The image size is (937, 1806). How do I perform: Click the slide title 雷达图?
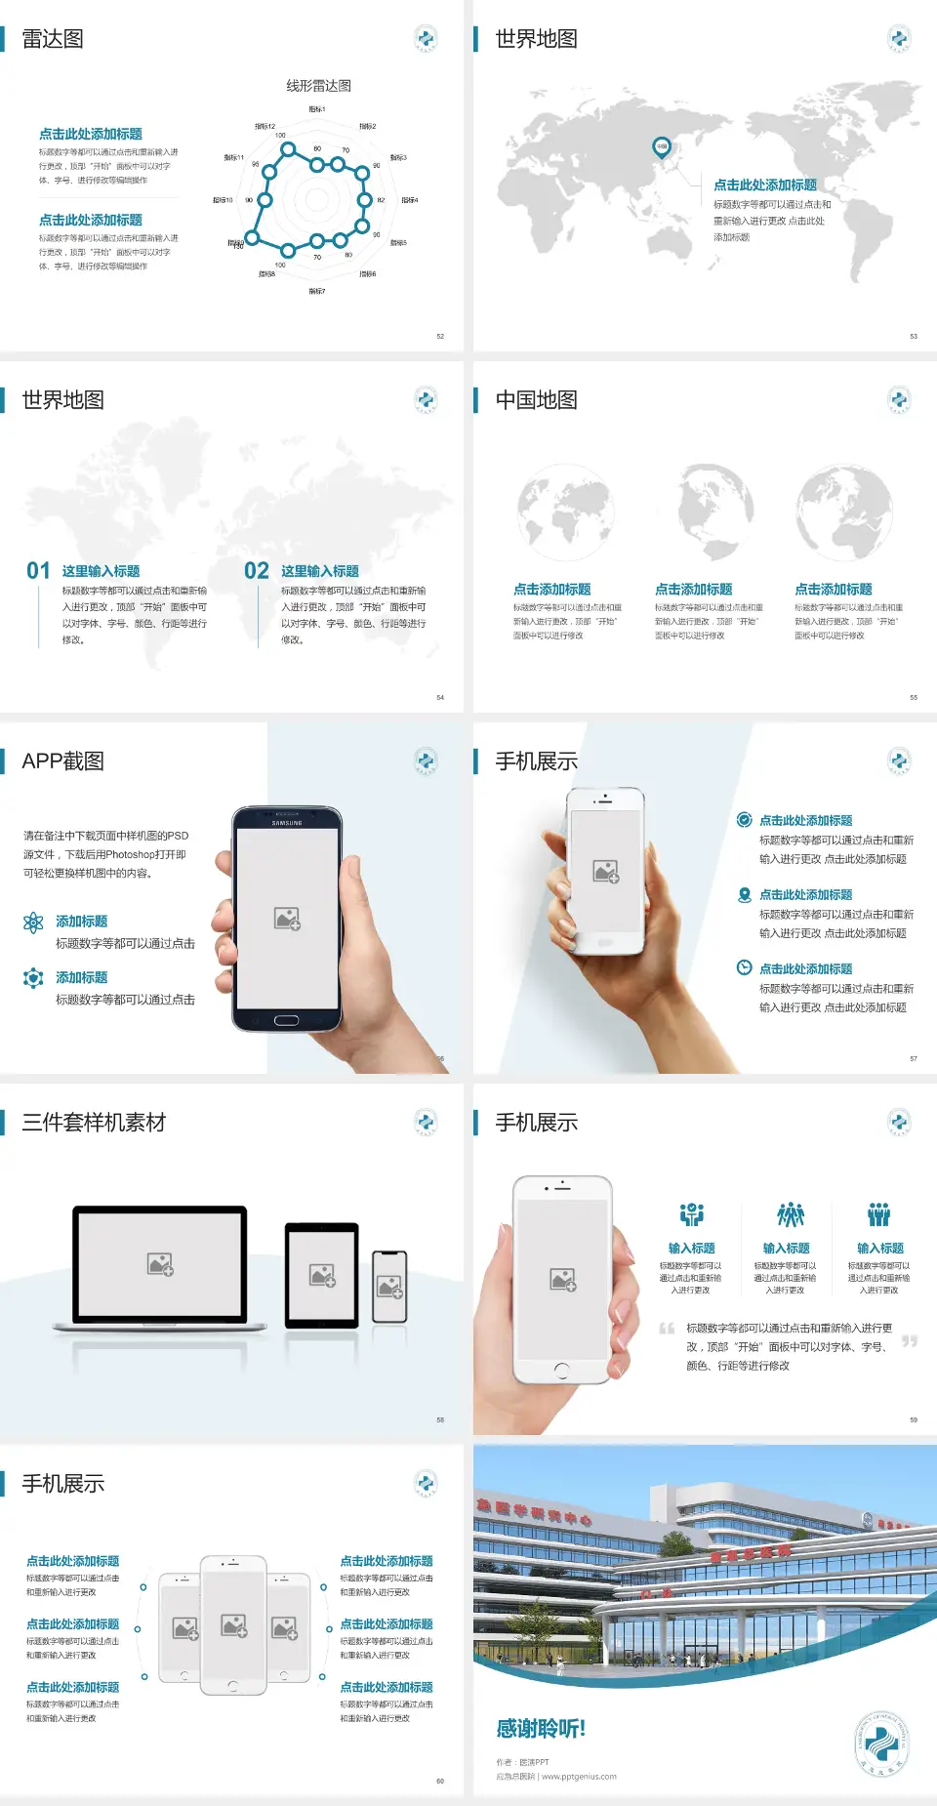pos(53,39)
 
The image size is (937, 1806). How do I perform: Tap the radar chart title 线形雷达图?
pos(318,86)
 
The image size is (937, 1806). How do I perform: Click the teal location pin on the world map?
pos(661,147)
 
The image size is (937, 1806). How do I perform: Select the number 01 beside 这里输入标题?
pos(38,570)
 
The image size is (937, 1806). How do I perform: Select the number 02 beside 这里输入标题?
pos(257,570)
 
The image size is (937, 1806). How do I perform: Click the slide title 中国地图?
pos(536,400)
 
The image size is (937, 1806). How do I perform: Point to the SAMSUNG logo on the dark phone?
pos(287,823)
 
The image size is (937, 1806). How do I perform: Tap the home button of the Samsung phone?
pos(286,1020)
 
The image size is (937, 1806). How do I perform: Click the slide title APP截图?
pos(63,761)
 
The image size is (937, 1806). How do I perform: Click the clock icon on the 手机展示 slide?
pos(744,967)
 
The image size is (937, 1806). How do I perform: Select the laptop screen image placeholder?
pos(160,1264)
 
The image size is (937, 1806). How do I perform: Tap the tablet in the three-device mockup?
pos(322,1274)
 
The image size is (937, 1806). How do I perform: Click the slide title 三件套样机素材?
pos(94,1123)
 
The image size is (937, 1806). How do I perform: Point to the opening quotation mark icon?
pos(667,1329)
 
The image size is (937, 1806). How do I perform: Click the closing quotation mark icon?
pos(909,1341)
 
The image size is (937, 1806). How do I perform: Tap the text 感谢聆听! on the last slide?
pos(541,1729)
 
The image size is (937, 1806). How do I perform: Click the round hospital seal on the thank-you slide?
pos(882,1744)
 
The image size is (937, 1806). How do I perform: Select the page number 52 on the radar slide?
pos(440,336)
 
